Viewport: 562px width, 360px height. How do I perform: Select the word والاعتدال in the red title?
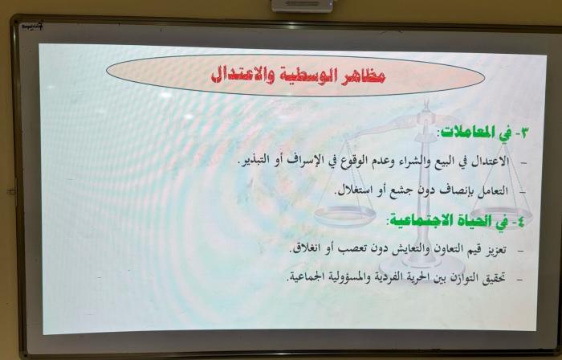(241, 75)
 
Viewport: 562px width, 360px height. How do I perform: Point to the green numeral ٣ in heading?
(523, 133)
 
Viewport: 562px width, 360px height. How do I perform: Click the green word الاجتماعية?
(415, 219)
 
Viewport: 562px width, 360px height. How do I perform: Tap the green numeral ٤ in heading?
(519, 222)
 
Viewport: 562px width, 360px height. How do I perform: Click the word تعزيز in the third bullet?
(497, 250)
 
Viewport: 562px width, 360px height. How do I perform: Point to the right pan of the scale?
(502, 213)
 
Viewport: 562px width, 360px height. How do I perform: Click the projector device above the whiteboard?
(302, 6)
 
